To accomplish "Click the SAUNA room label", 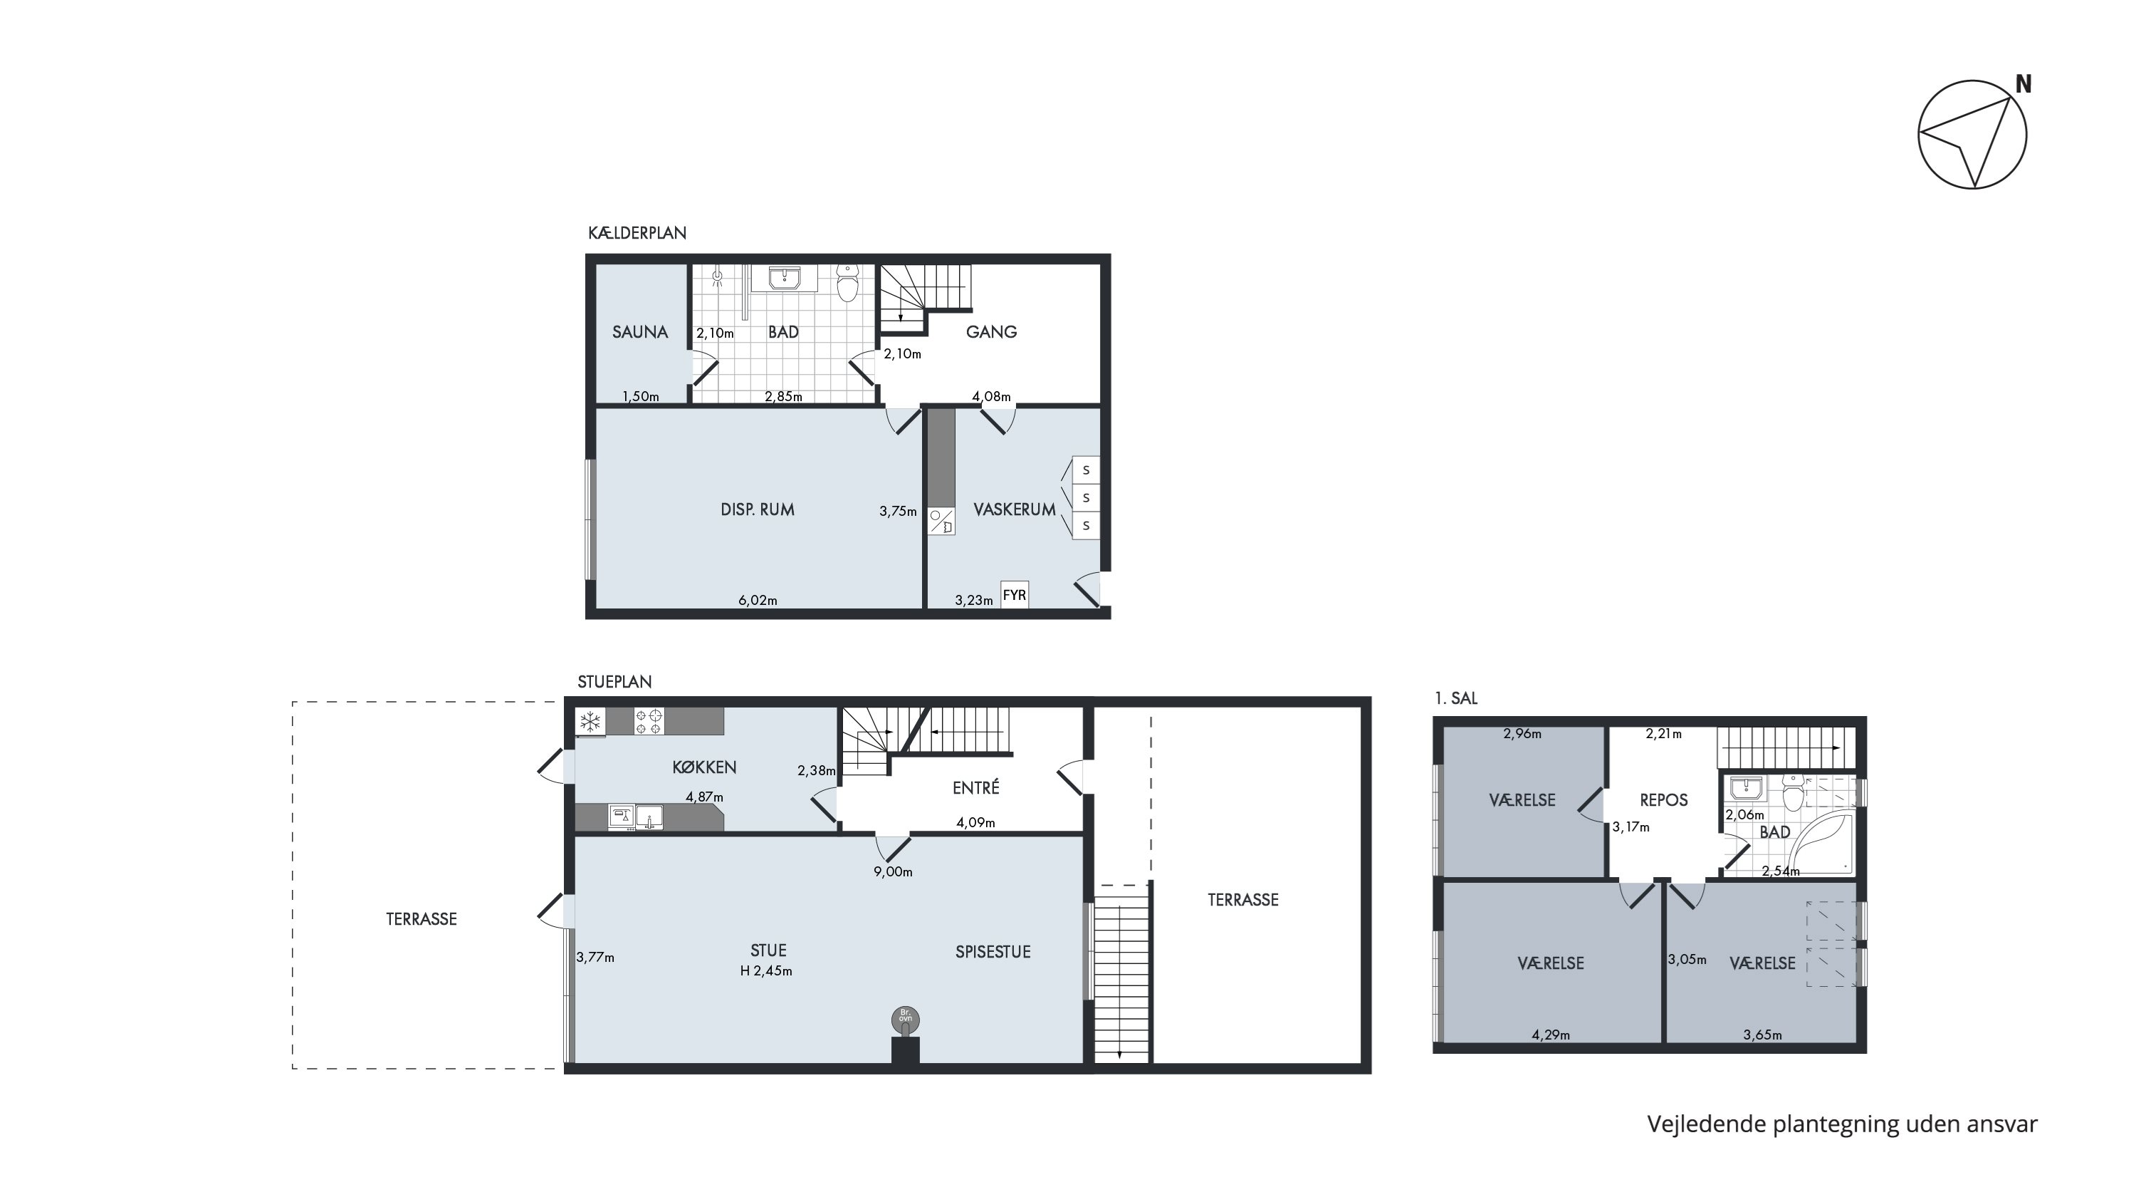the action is [639, 332].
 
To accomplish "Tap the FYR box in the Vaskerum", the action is [1014, 595].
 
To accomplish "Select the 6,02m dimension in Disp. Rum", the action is [758, 601].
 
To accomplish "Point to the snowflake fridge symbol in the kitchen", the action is [590, 722].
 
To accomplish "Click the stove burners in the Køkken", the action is [649, 721].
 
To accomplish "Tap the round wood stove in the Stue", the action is [906, 1020].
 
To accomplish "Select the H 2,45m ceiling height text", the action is [766, 971].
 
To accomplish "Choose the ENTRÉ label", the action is [976, 787].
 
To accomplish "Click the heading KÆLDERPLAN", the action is [637, 233].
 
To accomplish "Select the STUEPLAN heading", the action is [614, 682].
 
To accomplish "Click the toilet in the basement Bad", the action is [847, 283].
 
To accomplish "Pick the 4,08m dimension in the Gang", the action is [992, 397].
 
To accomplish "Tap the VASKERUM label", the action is [1014, 509].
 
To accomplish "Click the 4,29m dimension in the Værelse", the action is [1551, 1035].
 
